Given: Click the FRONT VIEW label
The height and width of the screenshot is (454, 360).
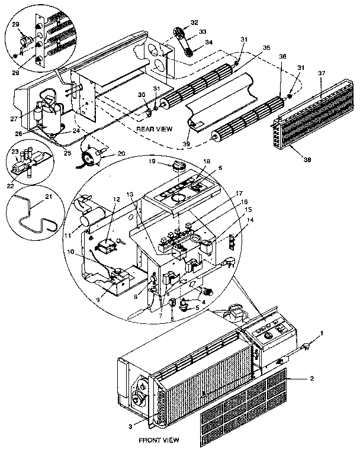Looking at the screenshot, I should click(x=159, y=441).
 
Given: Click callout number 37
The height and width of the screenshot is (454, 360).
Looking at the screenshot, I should click(x=322, y=72).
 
